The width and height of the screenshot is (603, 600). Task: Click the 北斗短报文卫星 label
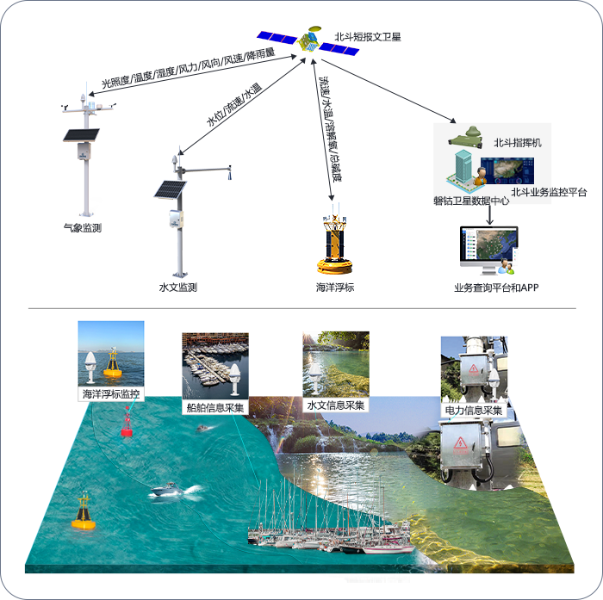click(368, 37)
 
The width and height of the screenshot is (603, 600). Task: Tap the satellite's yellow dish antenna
click(315, 28)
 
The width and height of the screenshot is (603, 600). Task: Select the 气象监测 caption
click(83, 228)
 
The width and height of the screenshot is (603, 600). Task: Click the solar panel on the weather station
click(81, 135)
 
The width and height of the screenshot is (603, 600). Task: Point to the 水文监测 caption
click(178, 288)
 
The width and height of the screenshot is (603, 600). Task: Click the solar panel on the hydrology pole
click(170, 189)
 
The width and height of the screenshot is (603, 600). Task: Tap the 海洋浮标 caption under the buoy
click(335, 288)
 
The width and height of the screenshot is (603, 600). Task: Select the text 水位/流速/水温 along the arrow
click(234, 104)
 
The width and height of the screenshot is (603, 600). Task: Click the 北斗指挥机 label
click(518, 143)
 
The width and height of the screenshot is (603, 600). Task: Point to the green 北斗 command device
click(466, 139)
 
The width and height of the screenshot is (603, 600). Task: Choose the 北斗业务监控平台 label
click(549, 192)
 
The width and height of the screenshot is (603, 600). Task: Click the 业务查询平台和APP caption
click(496, 288)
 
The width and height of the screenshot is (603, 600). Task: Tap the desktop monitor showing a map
click(488, 250)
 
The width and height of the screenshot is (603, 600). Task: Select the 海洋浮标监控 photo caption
click(111, 394)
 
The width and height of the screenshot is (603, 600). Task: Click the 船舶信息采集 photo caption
click(215, 407)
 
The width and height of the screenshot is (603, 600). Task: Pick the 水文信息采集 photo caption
click(336, 405)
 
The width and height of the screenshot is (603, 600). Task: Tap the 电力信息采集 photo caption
click(474, 411)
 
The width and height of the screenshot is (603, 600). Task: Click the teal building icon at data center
click(463, 167)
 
